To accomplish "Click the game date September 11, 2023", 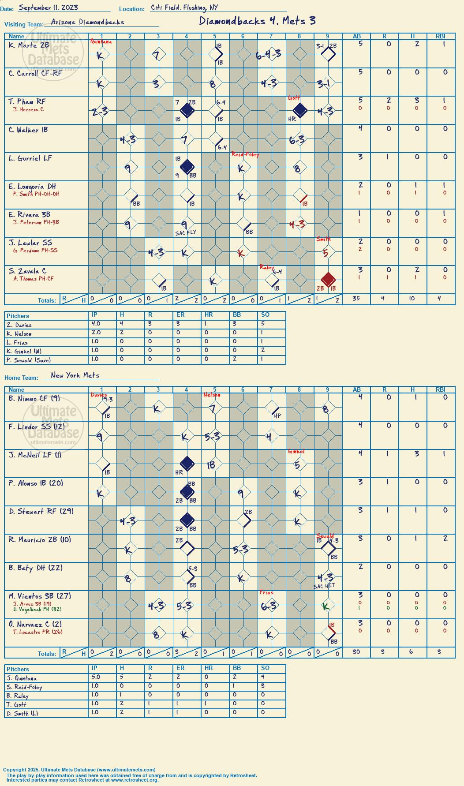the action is (x=49, y=7).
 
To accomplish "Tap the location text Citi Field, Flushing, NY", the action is (x=184, y=7).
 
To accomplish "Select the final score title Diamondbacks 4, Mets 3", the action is (x=257, y=21).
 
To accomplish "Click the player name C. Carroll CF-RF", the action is (x=35, y=73).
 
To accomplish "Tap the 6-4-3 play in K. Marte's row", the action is (x=268, y=55).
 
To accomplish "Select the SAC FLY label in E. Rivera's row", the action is (x=185, y=232).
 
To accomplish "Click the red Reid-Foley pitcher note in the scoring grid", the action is (x=245, y=154).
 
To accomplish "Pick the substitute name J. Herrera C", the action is (x=28, y=109).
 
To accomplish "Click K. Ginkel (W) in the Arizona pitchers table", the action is (x=25, y=352).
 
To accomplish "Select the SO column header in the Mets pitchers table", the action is (x=265, y=668).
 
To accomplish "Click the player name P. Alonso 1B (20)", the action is (x=36, y=483).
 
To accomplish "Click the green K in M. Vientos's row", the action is (x=326, y=607).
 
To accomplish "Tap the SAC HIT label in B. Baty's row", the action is (x=324, y=586).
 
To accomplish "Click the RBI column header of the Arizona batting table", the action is (x=441, y=36).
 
